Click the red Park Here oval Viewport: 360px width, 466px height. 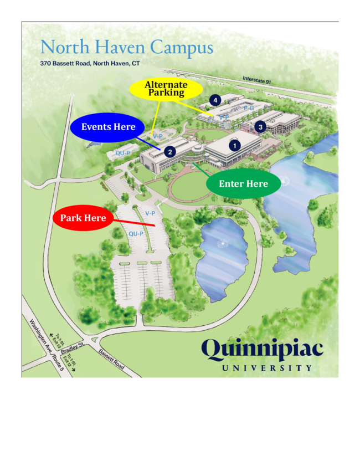[83, 218]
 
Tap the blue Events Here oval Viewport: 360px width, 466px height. [108, 127]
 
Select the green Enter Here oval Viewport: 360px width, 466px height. [243, 184]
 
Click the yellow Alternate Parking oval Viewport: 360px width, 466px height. [166, 89]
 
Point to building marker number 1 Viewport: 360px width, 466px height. [234, 145]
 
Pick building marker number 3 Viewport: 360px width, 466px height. [260, 126]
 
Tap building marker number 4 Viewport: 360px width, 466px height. [215, 100]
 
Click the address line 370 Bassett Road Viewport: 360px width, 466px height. [90, 64]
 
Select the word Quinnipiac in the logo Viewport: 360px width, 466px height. [262, 349]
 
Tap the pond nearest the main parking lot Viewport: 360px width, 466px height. [224, 252]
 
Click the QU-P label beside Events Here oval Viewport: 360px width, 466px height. [122, 153]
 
